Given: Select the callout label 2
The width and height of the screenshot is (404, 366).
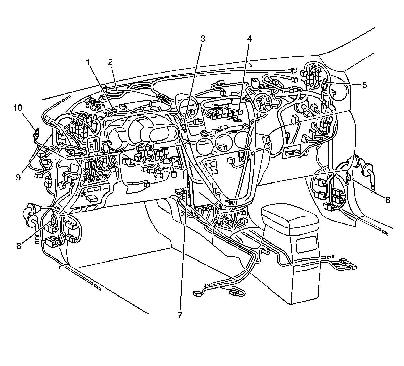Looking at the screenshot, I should click(x=110, y=62).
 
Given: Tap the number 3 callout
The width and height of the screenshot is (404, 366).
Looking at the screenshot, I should click(x=203, y=39).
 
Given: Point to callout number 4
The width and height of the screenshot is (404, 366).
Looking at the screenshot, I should click(x=249, y=39).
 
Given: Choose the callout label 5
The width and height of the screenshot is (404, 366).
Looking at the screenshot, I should click(x=364, y=85).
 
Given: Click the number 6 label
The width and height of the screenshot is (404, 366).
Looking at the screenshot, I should click(x=388, y=200).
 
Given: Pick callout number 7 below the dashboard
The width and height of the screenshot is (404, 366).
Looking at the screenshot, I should click(x=180, y=316).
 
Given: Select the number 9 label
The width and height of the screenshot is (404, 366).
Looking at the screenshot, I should click(x=18, y=177).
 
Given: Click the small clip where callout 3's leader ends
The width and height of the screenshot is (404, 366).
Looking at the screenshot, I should click(x=184, y=129).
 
